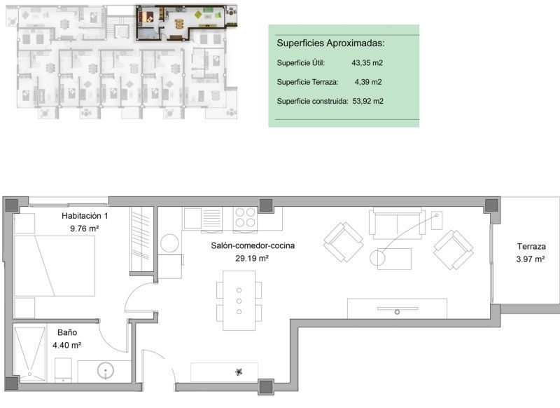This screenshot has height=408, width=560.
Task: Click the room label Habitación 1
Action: point(85,216)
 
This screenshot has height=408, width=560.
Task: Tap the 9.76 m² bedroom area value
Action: point(84,229)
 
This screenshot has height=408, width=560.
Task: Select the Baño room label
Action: point(67,332)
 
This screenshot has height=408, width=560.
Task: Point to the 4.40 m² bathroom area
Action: point(66,346)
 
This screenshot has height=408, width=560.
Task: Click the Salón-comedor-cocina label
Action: point(253,245)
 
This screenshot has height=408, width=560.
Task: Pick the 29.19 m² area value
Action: point(252,258)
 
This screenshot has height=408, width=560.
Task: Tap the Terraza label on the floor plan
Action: point(531,246)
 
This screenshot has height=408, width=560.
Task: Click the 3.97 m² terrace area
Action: point(531,259)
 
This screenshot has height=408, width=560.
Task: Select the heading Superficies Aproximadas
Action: point(330,43)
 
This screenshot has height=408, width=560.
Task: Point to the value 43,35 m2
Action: point(367,63)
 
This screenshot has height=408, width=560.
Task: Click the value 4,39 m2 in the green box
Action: point(368,82)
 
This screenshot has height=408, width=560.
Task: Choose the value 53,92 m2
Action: point(368,101)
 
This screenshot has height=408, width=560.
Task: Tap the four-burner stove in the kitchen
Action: point(246,218)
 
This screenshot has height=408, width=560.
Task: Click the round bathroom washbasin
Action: point(106,371)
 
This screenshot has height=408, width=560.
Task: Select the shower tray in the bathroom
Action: point(29,353)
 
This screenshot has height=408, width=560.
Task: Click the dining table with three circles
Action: point(239,301)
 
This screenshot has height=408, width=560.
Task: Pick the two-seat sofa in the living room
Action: point(397,223)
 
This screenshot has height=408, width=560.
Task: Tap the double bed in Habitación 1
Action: point(55,266)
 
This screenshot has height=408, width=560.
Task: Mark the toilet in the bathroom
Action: point(63,370)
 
